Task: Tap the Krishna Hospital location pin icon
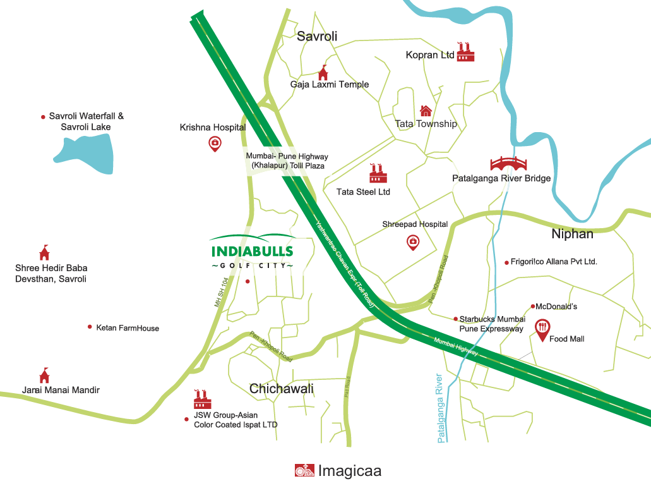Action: tap(215, 144)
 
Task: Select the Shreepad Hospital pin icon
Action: tap(412, 242)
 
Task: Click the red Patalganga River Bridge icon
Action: tap(508, 164)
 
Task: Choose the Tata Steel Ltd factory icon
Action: tap(378, 174)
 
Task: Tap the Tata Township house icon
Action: tap(426, 111)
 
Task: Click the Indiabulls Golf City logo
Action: tap(253, 252)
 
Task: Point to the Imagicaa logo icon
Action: tap(304, 471)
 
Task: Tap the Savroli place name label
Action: tap(317, 37)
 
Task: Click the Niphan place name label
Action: tap(572, 234)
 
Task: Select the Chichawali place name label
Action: tap(281, 389)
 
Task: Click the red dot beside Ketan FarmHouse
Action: tap(90, 327)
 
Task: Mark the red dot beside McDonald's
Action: tap(533, 307)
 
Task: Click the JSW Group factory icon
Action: tap(202, 399)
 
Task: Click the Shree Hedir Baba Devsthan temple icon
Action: tap(44, 253)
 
